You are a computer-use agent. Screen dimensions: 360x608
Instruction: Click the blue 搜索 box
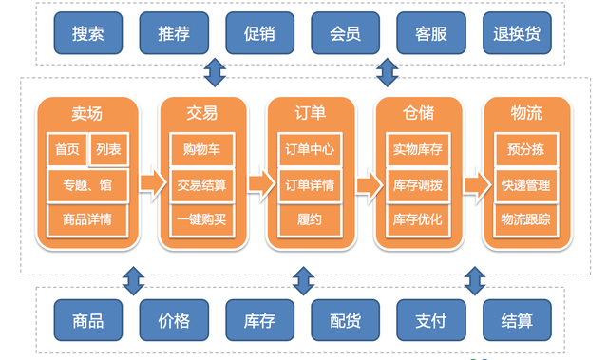pos(87,33)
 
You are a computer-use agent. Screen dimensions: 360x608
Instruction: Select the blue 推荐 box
pos(173,33)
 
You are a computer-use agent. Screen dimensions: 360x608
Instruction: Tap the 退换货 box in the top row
pos(517,33)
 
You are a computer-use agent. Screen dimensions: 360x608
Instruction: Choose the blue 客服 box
pos(430,33)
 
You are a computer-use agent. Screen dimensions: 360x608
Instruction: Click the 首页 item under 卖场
pos(66,149)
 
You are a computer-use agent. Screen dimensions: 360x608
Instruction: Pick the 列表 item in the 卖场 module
pos(109,149)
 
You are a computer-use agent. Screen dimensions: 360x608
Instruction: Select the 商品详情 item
pos(87,219)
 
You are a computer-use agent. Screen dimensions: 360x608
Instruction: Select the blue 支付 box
pos(430,321)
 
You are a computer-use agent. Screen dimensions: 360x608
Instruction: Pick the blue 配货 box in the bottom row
pos(345,321)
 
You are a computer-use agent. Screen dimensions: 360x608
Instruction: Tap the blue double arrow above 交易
pos(216,72)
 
